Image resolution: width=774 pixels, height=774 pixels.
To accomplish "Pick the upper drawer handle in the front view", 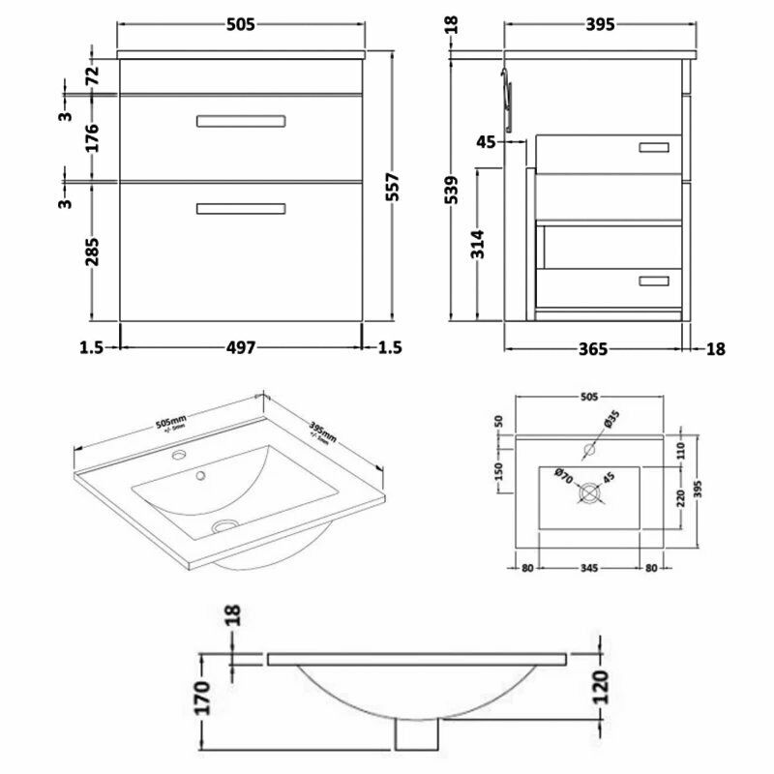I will [x=241, y=121].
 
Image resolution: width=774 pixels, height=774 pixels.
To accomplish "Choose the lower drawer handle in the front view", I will [x=241, y=208].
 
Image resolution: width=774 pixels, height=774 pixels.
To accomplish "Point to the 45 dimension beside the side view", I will [x=486, y=142].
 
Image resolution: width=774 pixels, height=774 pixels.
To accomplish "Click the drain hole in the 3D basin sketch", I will [x=225, y=526].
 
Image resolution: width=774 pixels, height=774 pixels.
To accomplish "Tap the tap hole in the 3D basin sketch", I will [x=180, y=454].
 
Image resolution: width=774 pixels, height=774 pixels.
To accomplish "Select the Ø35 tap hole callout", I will [x=609, y=421].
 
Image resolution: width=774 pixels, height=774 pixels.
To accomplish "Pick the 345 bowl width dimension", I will [x=588, y=567].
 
